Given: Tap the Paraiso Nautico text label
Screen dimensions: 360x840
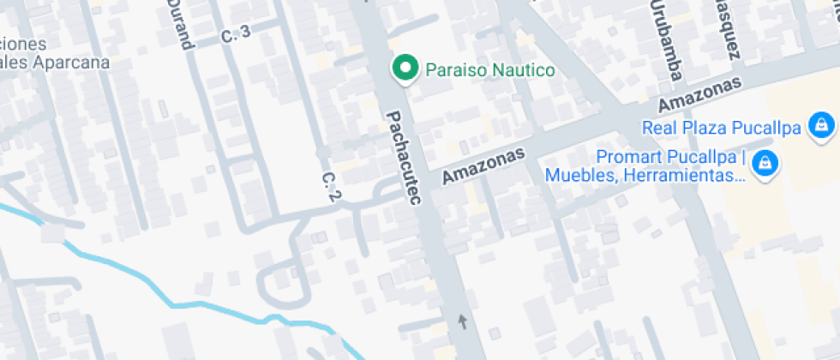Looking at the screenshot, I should pyautogui.click(x=490, y=70).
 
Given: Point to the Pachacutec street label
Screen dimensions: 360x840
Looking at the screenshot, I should pyautogui.click(x=405, y=158).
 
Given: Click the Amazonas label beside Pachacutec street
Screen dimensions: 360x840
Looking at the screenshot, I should pyautogui.click(x=482, y=165).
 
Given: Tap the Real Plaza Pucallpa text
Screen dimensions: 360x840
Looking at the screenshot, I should pyautogui.click(x=722, y=129).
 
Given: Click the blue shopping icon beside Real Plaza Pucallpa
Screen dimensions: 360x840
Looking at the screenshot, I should pyautogui.click(x=821, y=125).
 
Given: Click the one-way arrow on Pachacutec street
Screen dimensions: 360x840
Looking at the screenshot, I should pyautogui.click(x=463, y=321).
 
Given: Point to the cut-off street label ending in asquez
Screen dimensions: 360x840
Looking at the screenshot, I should pyautogui.click(x=726, y=30).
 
